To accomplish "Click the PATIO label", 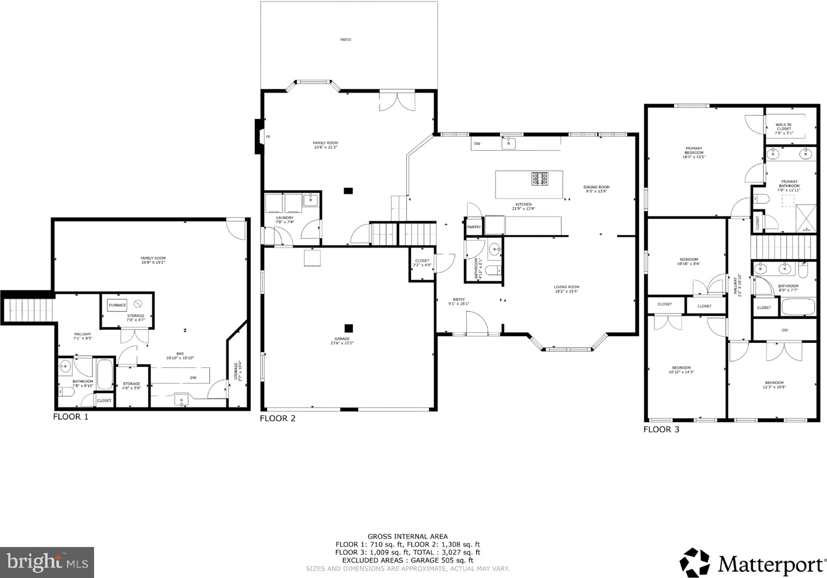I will coord(346,40).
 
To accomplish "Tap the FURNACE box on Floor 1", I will coord(117,305).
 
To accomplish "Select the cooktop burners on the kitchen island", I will coord(540,179).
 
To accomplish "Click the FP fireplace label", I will coord(268,137).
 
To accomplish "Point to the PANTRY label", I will coord(473,227).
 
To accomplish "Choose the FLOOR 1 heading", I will coord(71,416).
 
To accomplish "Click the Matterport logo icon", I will coord(695,562).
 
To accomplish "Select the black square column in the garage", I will coord(349,328).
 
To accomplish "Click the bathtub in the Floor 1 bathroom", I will coord(105,374).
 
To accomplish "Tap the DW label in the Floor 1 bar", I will coord(193,378).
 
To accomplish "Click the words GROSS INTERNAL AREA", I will coord(407,537).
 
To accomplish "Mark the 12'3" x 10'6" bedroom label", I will coord(774,384).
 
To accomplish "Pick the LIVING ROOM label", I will coord(566,289).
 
